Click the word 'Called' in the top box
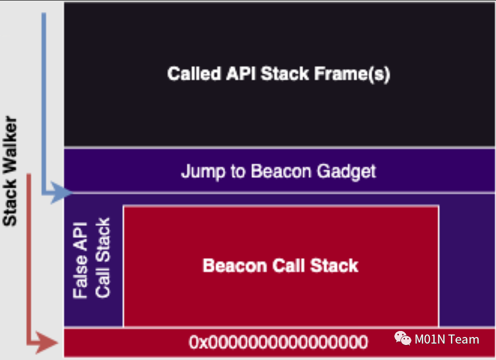(x=194, y=74)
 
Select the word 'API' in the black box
(x=241, y=74)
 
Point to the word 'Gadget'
(x=346, y=171)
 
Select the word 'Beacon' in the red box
(x=233, y=265)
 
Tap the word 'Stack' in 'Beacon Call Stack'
(x=334, y=265)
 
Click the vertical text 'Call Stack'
(x=103, y=258)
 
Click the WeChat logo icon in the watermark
(x=403, y=339)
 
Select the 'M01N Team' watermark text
(x=447, y=339)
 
